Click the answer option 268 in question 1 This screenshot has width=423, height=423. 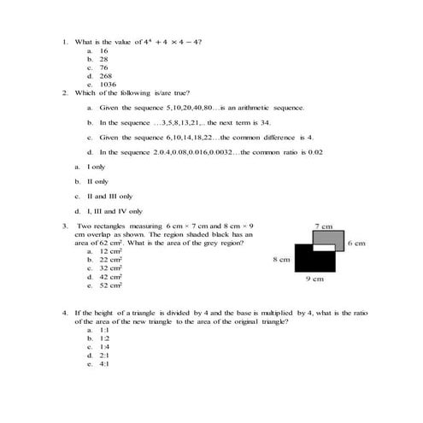coord(106,76)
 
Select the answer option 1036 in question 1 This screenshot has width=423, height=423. coord(108,85)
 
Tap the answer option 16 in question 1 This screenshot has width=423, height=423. coord(104,51)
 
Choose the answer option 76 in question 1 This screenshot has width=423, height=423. coord(104,68)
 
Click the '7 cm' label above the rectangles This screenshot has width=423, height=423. coord(323,226)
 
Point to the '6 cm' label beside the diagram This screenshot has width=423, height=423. coord(357,244)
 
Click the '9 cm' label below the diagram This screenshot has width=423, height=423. coord(315,279)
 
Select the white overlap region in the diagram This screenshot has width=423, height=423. coord(323,248)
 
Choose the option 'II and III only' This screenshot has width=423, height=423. coord(109,196)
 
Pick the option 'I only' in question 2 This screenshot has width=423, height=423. coord(96,167)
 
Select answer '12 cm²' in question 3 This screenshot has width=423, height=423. coord(111,252)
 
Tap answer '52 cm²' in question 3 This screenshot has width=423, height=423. coord(111,285)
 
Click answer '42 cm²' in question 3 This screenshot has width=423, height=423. coord(111,277)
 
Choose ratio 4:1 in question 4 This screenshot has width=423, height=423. coord(104,364)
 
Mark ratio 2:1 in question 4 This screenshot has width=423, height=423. coord(104,355)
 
